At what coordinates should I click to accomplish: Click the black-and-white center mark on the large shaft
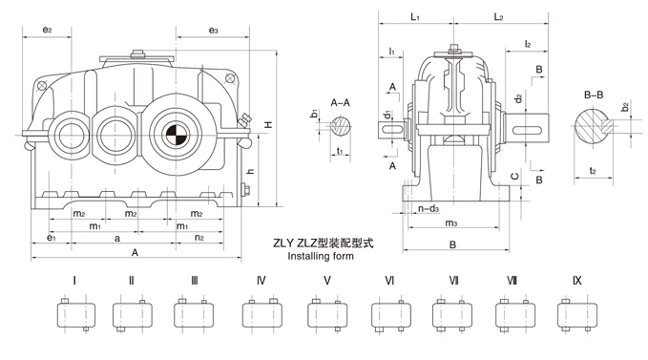pos(177,134)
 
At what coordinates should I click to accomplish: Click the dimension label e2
pos(48,30)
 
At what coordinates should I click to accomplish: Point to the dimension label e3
pos(213,30)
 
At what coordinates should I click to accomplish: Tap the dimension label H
pos(268,124)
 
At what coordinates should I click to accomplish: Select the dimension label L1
pos(415,17)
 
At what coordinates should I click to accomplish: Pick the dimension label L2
pos(499,17)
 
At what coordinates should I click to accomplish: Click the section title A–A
pos(340,102)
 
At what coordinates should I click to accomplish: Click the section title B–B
pos(594,95)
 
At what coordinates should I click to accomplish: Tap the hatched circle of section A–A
pos(341,126)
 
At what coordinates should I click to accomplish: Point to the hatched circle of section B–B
pos(593,126)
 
